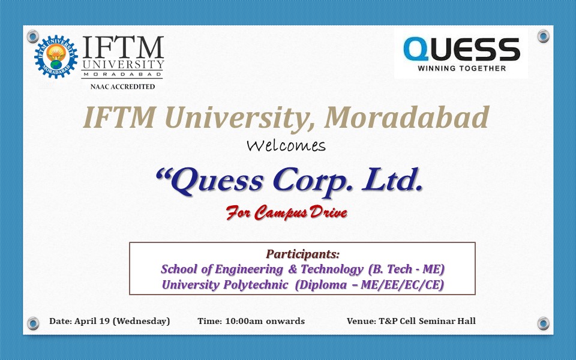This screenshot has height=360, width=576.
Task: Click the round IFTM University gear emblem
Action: pos(56,56)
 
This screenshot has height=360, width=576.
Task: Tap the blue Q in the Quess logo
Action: pos(416,50)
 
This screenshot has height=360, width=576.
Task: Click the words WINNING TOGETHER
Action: pos(462,68)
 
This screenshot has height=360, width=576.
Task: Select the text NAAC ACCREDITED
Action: pos(122,87)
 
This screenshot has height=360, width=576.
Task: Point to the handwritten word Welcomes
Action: pos(286,145)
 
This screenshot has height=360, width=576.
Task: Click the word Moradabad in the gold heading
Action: pos(407,118)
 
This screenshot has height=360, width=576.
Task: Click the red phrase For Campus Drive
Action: pos(287,212)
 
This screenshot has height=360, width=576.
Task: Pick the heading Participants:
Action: pos(302,254)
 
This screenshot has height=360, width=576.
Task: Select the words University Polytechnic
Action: pos(225,285)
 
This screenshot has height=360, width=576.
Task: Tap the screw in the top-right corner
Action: pos(544,36)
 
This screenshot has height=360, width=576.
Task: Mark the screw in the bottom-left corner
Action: pos(32,323)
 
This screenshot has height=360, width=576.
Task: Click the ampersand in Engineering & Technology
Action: pos(292,269)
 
